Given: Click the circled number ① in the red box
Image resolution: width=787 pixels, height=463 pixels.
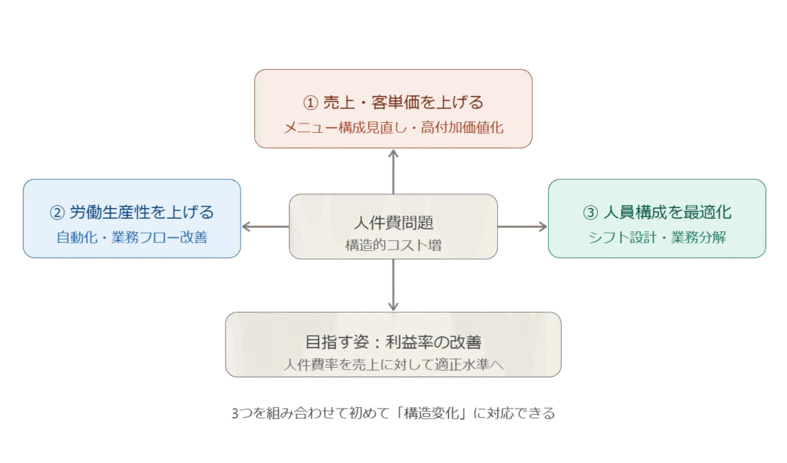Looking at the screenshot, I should pos(310,102).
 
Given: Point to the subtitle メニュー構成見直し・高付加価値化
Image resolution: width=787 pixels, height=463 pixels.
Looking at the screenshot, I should pos(393,127).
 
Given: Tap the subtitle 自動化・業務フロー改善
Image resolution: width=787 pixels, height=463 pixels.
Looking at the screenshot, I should pos(132,237).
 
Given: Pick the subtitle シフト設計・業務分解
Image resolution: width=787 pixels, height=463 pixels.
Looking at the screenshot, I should pos(657,237).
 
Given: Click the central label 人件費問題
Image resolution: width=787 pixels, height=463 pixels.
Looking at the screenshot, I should pos(393,223).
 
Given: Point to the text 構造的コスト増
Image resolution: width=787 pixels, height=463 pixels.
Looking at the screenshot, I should pos(393,246).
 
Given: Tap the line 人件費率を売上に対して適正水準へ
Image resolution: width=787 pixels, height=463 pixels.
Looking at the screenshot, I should pos(393,365).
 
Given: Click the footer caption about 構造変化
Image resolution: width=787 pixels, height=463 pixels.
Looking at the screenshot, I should pos(393,413).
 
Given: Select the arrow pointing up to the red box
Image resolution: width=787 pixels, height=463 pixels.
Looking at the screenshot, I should pos(393,154).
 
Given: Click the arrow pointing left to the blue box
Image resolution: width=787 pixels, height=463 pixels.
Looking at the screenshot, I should pos(247,227).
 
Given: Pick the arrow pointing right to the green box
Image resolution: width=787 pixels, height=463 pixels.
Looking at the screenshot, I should pos(541,227).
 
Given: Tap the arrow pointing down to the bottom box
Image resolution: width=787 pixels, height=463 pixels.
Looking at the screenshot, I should pos(393,305).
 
